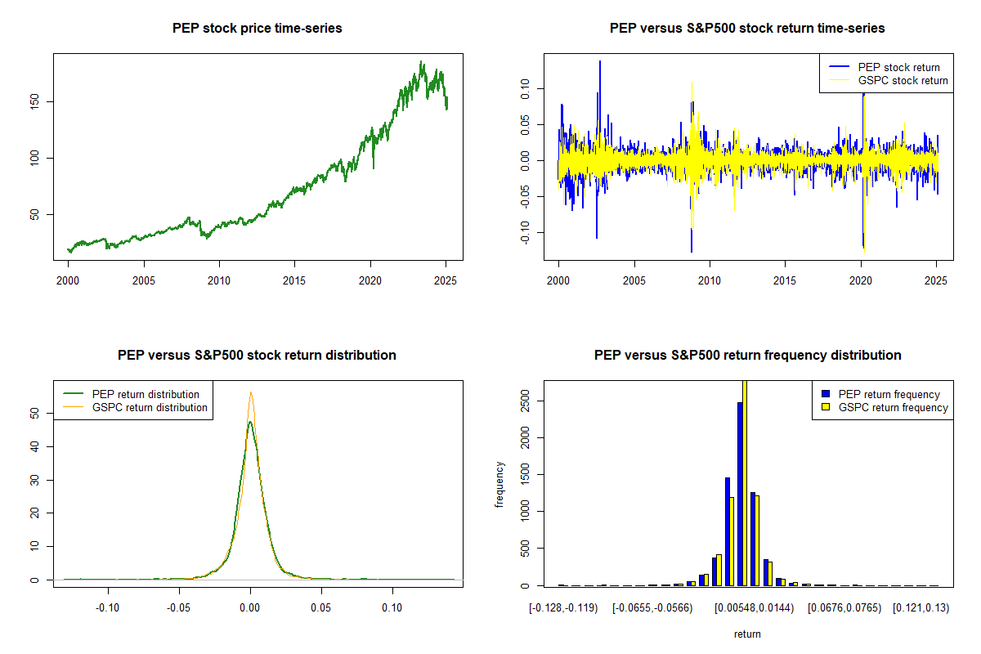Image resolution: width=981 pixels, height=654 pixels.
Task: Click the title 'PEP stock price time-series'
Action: coord(258,28)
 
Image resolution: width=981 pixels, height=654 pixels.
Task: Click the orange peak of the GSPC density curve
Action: coord(251,393)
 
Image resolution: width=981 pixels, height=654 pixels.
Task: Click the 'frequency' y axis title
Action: coord(499,484)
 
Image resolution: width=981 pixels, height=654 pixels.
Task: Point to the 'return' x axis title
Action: coord(747,634)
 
